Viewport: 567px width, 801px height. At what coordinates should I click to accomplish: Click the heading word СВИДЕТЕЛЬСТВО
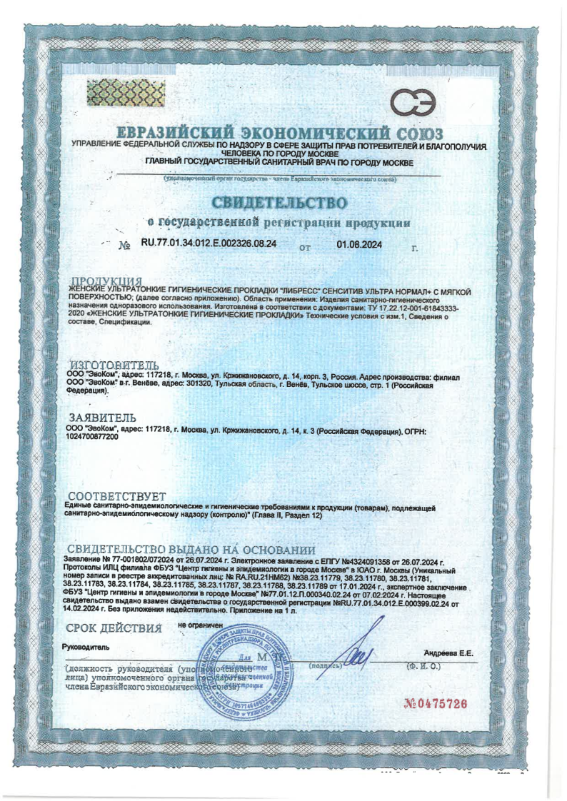tap(282, 200)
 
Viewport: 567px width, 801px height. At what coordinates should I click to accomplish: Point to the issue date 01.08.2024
tap(358, 245)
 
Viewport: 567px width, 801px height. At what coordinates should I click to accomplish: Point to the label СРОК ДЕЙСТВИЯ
tap(114, 628)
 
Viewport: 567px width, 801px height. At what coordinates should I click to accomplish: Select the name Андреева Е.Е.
tap(448, 653)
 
